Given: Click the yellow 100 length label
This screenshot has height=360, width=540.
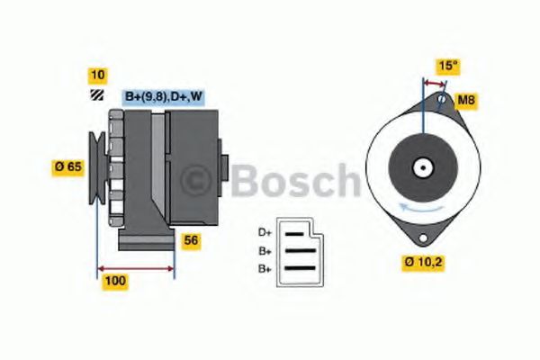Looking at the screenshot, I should pyautogui.click(x=115, y=281).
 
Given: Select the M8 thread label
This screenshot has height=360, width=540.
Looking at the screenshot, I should pyautogui.click(x=466, y=99).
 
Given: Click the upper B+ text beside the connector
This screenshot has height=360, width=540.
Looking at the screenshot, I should pyautogui.click(x=265, y=251).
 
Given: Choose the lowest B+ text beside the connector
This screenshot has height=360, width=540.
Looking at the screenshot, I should pyautogui.click(x=265, y=268).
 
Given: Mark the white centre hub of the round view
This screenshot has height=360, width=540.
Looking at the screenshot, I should pyautogui.click(x=420, y=167).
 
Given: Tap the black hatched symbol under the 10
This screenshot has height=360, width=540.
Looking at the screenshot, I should pyautogui.click(x=94, y=95).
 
